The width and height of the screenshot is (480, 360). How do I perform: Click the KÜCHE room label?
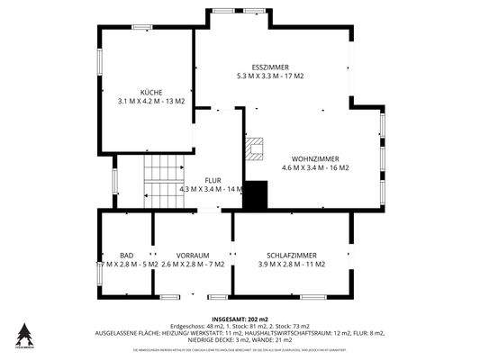tap(150, 93)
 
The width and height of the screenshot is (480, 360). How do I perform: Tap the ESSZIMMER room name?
tap(270, 67)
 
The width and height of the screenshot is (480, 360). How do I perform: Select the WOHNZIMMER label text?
tap(315, 158)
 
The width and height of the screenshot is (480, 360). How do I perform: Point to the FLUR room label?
tap(213, 180)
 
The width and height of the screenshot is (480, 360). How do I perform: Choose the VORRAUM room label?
tap(193, 256)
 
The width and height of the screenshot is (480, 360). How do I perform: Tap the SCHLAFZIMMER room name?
tap(292, 256)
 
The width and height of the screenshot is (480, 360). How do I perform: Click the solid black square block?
tap(257, 195)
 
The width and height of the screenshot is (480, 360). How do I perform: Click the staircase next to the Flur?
tap(163, 181)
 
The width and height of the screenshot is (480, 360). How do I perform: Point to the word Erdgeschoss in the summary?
tap(187, 326)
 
